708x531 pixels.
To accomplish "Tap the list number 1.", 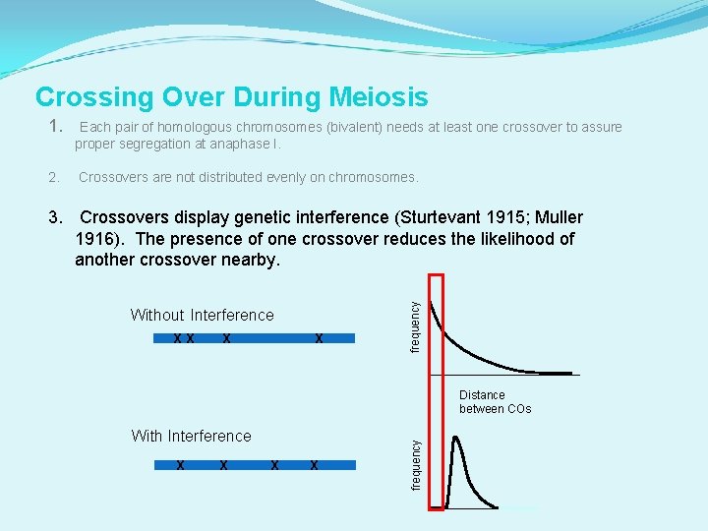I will [x=55, y=126].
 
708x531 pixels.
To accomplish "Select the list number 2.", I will [x=54, y=178].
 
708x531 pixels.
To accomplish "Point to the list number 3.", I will [x=56, y=217].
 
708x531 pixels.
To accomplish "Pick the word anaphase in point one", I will [x=236, y=144].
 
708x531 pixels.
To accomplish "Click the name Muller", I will [x=558, y=217].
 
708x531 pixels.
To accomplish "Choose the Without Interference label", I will [x=202, y=315].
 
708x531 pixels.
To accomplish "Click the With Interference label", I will [x=191, y=436].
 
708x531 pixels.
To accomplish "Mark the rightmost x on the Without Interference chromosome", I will [x=319, y=338].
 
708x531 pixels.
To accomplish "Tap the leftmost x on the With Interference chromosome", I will [x=180, y=464].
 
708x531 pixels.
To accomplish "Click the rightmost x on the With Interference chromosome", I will [x=314, y=464].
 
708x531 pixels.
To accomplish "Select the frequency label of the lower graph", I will [x=415, y=464].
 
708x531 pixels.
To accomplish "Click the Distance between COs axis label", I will [x=495, y=401].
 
